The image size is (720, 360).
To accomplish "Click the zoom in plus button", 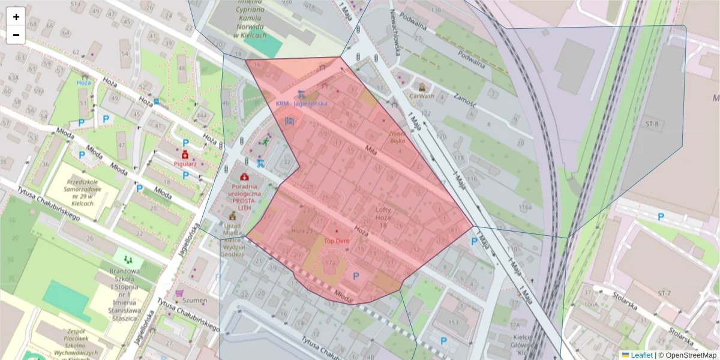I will (x=16, y=17).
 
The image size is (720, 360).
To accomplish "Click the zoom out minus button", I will (x=16, y=35).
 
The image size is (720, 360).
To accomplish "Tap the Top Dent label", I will (x=337, y=240).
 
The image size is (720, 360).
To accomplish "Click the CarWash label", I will (x=421, y=95).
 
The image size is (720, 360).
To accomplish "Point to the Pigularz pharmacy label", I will (x=185, y=163).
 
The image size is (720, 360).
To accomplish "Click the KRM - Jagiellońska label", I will (x=301, y=103).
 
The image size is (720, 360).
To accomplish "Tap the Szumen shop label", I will (x=195, y=299).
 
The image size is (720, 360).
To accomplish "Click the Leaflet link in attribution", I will (x=640, y=355).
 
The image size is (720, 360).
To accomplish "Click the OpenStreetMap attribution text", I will (x=688, y=355).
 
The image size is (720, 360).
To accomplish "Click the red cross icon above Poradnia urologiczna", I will (x=244, y=177).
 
